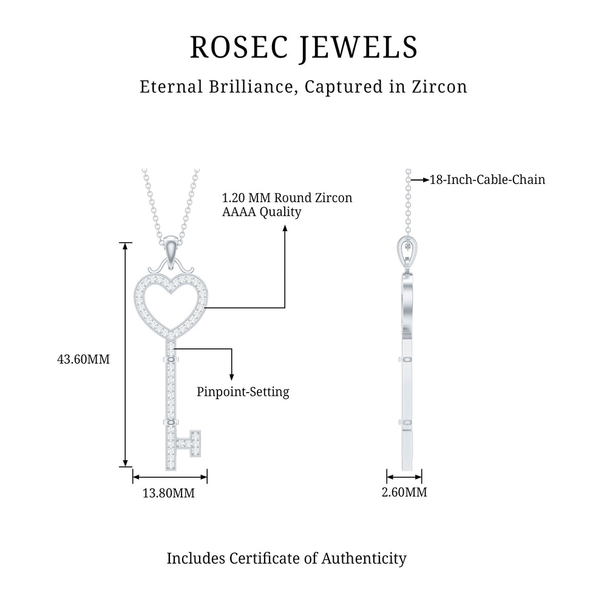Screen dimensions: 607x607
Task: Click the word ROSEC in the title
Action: pyautogui.click(x=234, y=47)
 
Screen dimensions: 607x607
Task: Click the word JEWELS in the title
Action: pyautogui.click(x=358, y=47)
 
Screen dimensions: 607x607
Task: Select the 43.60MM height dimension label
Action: pyautogui.click(x=83, y=359)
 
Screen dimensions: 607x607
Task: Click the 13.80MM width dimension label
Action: pyautogui.click(x=169, y=493)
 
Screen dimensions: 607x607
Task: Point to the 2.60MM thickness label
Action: pyautogui.click(x=404, y=492)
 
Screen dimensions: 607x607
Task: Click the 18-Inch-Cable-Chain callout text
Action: pyautogui.click(x=487, y=180)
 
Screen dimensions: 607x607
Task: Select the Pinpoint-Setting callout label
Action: pyautogui.click(x=243, y=392)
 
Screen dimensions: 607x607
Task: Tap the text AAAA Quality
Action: pyautogui.click(x=262, y=212)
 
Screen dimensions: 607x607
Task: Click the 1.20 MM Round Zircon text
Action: pyautogui.click(x=287, y=198)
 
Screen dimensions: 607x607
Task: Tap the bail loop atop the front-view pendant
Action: pyautogui.click(x=173, y=249)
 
